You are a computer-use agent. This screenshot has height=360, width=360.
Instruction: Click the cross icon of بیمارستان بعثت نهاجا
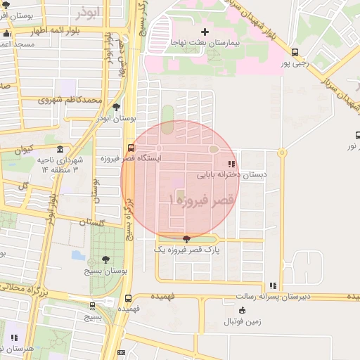click(205, 32)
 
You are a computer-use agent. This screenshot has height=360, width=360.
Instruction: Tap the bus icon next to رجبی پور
click(295, 52)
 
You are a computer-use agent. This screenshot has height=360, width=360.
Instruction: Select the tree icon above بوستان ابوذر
click(116, 107)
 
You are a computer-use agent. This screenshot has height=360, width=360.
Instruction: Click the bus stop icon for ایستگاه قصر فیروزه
click(131, 148)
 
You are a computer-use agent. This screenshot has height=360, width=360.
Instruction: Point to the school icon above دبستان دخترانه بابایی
click(232, 164)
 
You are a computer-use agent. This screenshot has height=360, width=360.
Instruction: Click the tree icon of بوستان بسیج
click(105, 259)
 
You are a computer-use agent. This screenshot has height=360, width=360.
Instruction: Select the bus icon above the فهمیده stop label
click(127, 298)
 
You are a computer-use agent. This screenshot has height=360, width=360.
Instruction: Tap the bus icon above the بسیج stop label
click(92, 306)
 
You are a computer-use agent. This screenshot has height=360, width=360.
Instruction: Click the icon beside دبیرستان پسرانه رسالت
click(273, 285)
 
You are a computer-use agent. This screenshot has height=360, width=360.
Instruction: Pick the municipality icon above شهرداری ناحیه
click(60, 150)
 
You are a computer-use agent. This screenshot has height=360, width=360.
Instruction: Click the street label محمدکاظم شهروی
click(71, 101)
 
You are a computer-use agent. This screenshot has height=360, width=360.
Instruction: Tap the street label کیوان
click(23, 149)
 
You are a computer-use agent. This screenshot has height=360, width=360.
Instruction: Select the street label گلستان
click(91, 222)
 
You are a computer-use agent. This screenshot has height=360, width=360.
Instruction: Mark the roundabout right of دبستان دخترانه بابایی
click(281, 152)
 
